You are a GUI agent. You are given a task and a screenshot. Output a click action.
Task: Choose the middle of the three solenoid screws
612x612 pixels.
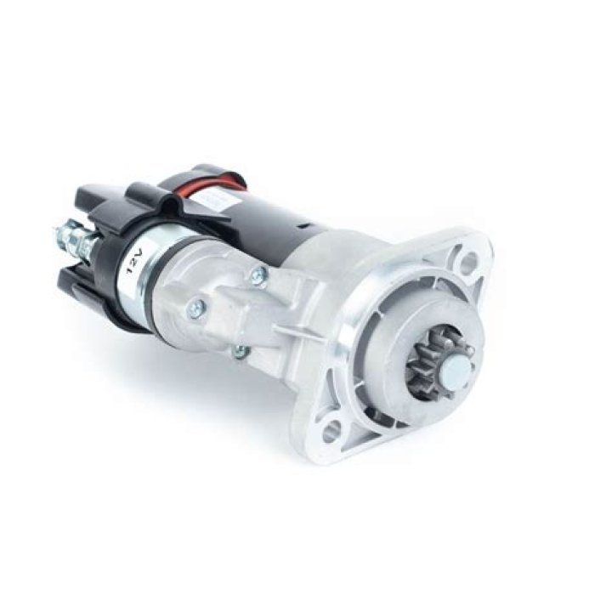point(196,306)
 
